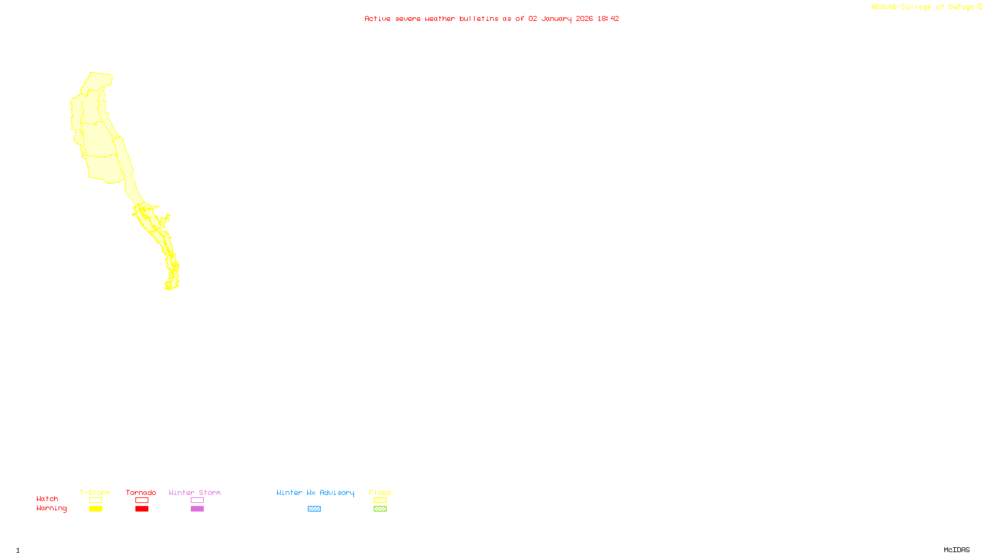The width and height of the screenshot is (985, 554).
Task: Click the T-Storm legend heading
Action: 95,492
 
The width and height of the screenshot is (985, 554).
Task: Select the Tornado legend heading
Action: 141,492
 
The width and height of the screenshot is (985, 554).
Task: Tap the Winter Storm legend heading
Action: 195,492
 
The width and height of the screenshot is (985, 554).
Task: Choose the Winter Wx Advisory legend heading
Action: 315,492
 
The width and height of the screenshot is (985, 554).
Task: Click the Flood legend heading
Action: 380,492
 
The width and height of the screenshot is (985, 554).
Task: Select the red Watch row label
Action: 47,499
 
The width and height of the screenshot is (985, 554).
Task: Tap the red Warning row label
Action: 52,508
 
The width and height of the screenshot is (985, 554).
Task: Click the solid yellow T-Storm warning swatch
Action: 95,509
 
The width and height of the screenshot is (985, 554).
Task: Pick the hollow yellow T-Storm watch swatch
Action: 95,500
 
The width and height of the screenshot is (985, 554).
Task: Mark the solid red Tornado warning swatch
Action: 142,509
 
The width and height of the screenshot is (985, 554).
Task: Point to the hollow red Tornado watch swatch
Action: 142,500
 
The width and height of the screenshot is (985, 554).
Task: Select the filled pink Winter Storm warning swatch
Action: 197,509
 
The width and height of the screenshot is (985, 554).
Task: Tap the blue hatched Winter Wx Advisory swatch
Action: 314,509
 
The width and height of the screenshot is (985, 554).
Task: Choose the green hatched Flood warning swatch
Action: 380,509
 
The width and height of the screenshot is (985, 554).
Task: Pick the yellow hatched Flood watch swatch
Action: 380,500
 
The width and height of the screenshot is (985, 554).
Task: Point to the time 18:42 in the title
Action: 608,18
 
